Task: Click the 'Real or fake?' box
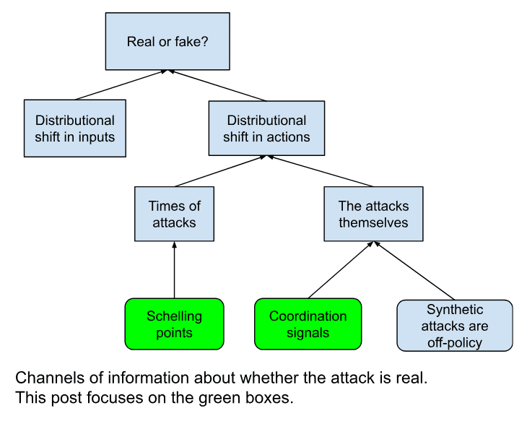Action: click(167, 41)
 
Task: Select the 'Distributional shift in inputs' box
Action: click(75, 129)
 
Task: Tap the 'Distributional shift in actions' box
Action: click(267, 129)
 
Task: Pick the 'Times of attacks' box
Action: click(175, 214)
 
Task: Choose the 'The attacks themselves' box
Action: click(373, 214)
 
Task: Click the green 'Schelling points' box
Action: click(175, 324)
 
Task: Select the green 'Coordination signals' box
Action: click(308, 324)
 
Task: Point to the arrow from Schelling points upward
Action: click(175, 270)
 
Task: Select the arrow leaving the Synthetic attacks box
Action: click(414, 271)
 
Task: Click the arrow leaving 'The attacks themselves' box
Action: click(321, 171)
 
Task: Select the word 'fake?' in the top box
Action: click(191, 41)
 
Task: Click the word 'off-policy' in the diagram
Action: click(454, 342)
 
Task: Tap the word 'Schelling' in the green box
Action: click(175, 316)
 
